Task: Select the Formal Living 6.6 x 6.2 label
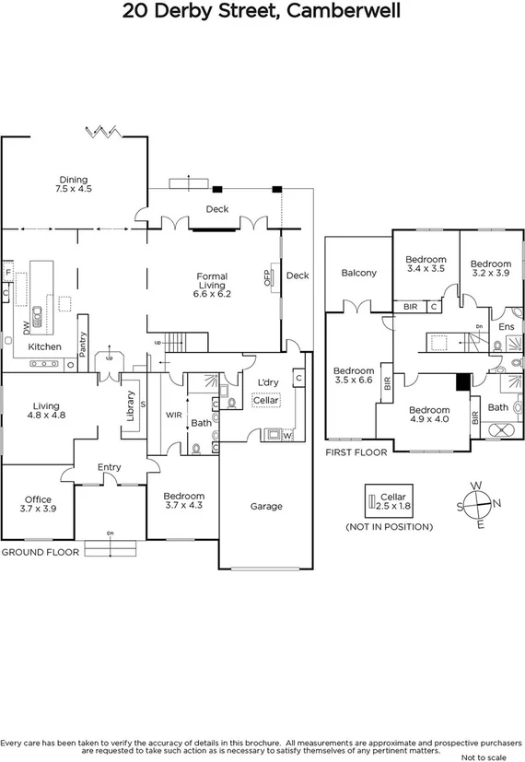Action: click(211, 285)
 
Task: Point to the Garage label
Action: click(267, 506)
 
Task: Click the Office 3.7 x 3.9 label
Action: click(39, 504)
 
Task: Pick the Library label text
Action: click(130, 406)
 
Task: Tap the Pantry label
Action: click(83, 343)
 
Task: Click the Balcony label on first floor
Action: click(358, 273)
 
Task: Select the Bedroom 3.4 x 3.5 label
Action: click(426, 264)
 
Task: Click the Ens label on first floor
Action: click(506, 327)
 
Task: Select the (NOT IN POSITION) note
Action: click(389, 527)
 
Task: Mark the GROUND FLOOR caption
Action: click(39, 552)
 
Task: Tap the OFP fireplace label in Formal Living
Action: click(268, 278)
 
